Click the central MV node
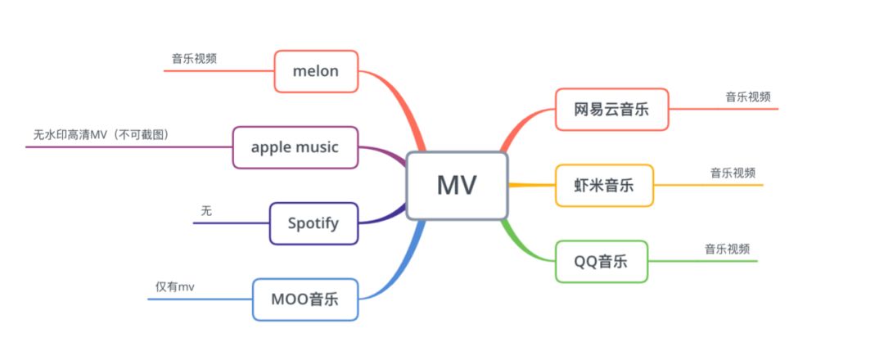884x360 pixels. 457,186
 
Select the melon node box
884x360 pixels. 315,71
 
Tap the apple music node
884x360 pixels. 295,147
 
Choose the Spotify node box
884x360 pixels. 313,223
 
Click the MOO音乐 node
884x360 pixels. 304,299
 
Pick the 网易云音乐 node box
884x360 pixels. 611,109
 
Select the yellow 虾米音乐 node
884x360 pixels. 604,185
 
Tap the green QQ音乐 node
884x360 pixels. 601,261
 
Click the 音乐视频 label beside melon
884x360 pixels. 194,59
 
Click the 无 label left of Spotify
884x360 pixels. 206,210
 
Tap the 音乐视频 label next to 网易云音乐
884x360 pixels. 747,97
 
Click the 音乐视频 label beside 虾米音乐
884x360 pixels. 733,173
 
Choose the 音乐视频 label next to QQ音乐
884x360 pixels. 728,250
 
